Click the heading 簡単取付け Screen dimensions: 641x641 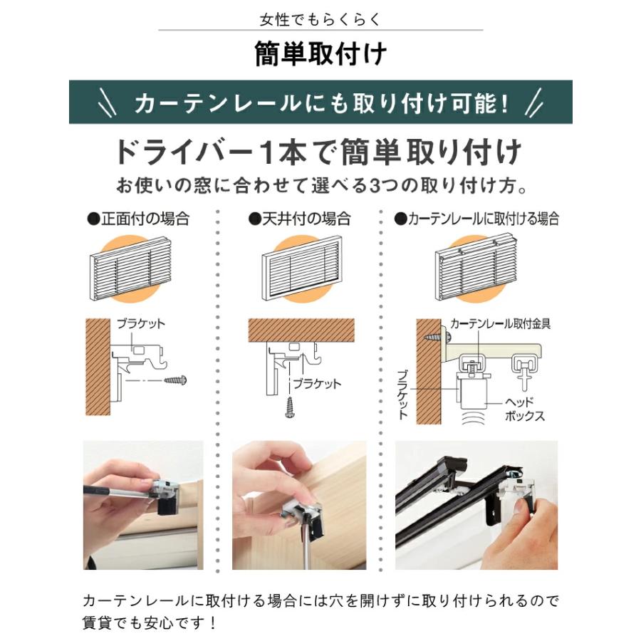click(x=320, y=54)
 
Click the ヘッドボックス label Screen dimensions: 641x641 click(x=524, y=409)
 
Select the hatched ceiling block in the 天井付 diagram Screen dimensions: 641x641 click(x=301, y=329)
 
